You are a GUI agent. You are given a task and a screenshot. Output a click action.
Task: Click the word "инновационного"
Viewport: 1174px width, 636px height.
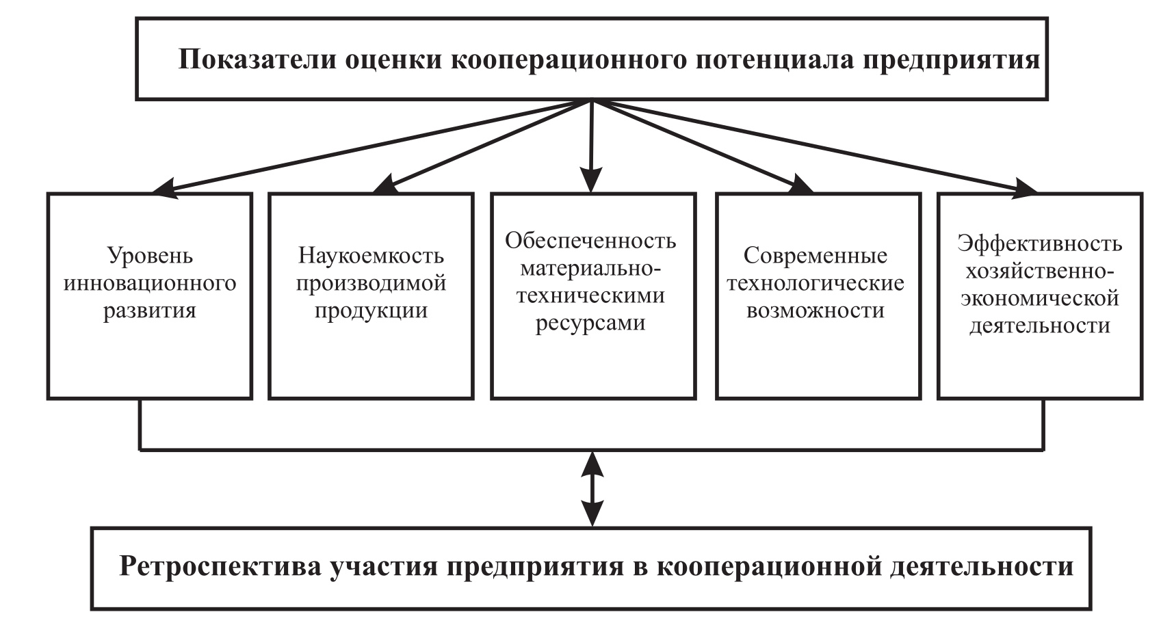(x=150, y=283)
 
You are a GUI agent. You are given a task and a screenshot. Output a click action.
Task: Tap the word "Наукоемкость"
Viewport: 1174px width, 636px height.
(x=371, y=256)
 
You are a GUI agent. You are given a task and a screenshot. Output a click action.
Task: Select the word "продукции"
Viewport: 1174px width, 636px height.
(x=371, y=310)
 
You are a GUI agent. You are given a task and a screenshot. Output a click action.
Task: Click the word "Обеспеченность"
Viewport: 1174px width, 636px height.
(x=590, y=241)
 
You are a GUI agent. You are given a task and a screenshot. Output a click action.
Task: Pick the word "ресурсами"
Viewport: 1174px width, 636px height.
(x=590, y=323)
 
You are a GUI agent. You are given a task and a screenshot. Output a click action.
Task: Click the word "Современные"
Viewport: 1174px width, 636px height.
(x=816, y=256)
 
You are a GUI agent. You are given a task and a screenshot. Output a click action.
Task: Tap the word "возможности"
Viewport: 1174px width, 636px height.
(x=816, y=310)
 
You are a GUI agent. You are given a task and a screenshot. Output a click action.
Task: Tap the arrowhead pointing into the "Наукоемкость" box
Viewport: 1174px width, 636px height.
(x=383, y=185)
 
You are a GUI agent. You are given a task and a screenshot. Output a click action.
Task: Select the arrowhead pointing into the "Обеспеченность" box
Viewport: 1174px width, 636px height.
(x=592, y=181)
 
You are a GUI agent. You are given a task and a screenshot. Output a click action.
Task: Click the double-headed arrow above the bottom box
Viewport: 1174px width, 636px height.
(x=592, y=488)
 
